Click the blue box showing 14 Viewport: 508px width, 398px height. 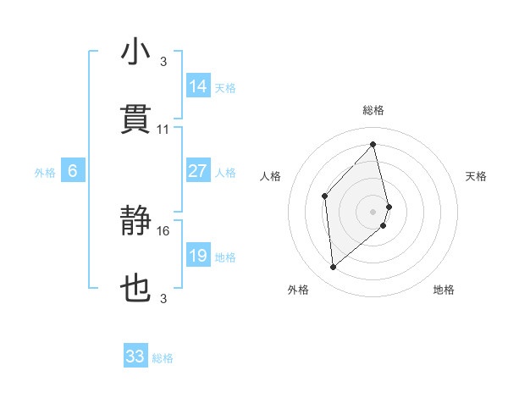(198, 86)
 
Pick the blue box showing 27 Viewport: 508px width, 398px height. (198, 171)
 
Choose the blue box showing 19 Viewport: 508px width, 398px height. (198, 256)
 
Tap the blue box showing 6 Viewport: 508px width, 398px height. (73, 171)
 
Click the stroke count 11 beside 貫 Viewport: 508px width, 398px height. (163, 130)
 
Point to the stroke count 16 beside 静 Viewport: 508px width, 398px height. (163, 230)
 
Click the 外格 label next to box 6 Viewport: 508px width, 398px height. (45, 173)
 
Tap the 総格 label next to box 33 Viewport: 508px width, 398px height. (163, 358)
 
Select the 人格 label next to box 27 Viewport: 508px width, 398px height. (225, 173)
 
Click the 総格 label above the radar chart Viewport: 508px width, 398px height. (373, 110)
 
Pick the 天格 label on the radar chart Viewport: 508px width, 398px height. (477, 176)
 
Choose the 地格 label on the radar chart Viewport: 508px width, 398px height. (444, 290)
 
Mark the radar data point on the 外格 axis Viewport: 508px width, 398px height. (334, 268)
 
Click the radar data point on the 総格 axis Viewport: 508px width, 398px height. (373, 144)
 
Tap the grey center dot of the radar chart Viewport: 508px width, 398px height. (373, 210)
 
